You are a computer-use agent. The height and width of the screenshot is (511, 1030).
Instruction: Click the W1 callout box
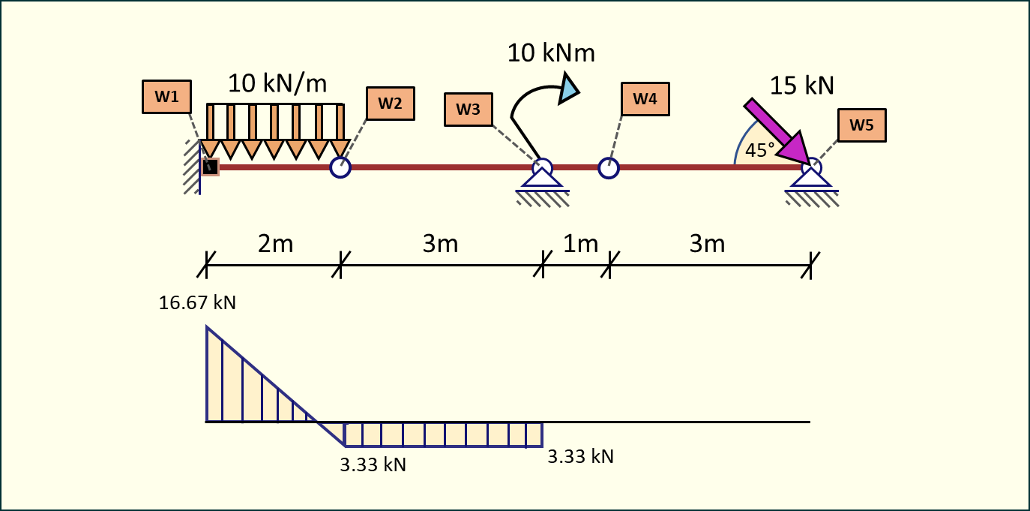click(166, 97)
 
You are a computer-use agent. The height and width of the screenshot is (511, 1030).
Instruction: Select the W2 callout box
click(390, 104)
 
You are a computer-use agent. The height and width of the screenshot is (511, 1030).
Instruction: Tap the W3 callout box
click(469, 109)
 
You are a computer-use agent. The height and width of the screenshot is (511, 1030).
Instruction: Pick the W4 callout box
click(645, 98)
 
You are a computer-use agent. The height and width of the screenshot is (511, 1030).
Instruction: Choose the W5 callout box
click(862, 125)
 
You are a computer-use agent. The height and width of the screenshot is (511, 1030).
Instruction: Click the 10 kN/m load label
click(277, 83)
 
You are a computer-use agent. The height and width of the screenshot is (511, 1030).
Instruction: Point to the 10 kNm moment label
click(551, 53)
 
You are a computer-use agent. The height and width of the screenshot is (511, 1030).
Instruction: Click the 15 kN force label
click(801, 86)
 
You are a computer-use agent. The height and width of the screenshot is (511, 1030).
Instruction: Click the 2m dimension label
click(275, 244)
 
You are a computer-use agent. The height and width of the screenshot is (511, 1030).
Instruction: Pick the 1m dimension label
click(579, 244)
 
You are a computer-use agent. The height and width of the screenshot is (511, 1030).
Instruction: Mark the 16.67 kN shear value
click(197, 303)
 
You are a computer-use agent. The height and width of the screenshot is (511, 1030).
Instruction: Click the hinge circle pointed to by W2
click(340, 167)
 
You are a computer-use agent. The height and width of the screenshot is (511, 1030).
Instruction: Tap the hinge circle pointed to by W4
click(609, 167)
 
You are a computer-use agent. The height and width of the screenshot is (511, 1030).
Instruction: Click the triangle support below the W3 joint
click(542, 177)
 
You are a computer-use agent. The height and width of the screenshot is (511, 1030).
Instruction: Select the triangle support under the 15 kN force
click(810, 177)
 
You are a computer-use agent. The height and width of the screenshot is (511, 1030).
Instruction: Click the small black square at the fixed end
click(210, 167)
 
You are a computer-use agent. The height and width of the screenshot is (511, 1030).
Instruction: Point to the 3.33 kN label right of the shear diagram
click(580, 456)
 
